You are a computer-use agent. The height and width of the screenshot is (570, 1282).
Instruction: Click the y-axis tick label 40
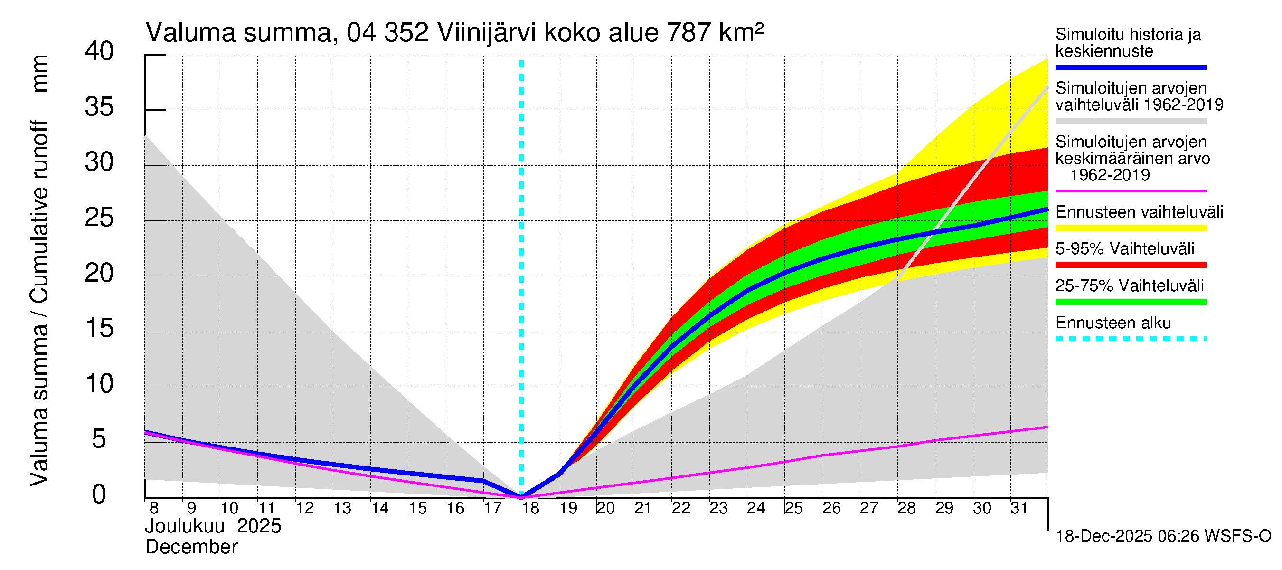tap(99, 51)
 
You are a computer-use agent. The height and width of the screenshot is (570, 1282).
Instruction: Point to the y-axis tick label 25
tap(99, 218)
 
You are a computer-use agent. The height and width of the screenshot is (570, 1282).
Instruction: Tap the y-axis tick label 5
tap(99, 439)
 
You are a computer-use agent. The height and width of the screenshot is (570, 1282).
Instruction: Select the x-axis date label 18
tap(530, 508)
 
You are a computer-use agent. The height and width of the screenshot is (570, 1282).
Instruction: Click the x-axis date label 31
tap(1019, 508)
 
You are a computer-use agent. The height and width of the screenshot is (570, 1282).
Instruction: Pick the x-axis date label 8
tap(154, 508)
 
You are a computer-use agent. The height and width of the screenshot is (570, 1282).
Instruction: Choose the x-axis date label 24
tap(756, 508)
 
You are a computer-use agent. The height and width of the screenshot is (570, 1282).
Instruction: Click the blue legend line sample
tap(1130, 67)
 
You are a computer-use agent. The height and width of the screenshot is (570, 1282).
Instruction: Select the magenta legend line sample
tap(1130, 190)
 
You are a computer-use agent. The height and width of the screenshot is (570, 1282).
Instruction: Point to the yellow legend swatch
tap(1130, 228)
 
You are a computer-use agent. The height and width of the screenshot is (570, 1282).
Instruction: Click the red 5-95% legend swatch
tap(1130, 265)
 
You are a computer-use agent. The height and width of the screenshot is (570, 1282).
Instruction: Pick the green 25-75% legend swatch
tap(1130, 302)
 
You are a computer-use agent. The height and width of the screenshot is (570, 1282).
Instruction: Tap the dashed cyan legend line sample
tap(1130, 339)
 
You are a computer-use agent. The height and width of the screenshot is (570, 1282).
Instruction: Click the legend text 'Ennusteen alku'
tap(1113, 323)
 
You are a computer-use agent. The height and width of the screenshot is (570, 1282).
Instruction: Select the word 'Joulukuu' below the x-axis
tap(185, 526)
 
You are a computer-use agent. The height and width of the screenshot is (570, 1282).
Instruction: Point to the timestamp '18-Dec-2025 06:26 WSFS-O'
tap(1163, 536)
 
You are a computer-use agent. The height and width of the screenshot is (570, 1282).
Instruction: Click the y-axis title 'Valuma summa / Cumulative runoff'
tap(39, 303)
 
